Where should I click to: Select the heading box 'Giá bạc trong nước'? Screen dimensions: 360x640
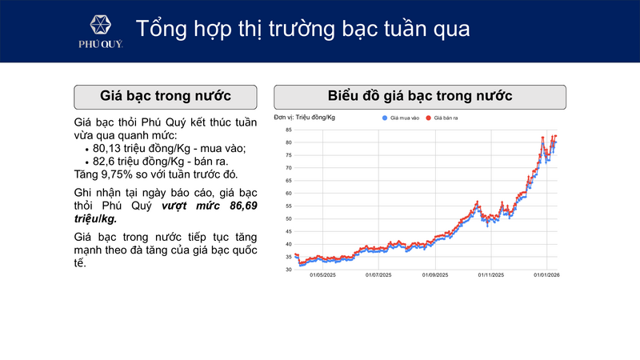click(x=166, y=97)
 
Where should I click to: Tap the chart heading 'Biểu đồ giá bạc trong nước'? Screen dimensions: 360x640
click(x=420, y=97)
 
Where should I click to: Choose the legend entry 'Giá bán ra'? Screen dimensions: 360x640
click(x=446, y=118)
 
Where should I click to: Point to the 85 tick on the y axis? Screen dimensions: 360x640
click(x=287, y=130)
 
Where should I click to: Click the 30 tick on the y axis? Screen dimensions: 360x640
click(x=287, y=270)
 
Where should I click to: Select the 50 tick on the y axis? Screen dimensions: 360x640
click(x=287, y=218)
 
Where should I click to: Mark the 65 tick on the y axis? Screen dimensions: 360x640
click(x=287, y=181)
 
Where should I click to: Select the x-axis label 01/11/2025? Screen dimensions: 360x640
click(x=490, y=276)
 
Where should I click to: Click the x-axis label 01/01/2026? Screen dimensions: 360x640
click(x=546, y=276)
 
